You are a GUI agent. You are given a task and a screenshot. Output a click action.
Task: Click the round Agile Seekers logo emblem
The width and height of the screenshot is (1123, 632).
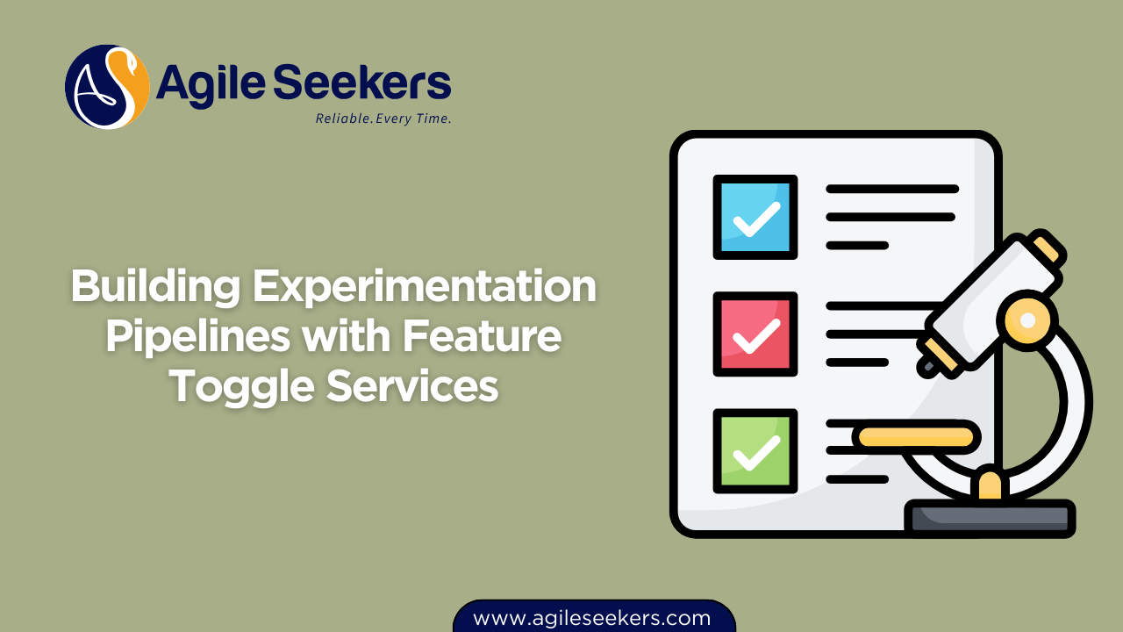coord(107,87)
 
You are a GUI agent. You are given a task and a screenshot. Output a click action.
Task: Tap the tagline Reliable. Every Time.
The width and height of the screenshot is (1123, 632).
coord(383,118)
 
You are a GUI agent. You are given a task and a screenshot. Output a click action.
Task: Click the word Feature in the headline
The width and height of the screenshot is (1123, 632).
coord(485,337)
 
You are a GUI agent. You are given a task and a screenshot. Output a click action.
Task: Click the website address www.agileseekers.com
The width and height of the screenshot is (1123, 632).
coord(592,618)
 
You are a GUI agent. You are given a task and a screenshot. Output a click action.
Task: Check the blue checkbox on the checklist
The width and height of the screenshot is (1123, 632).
coord(755,217)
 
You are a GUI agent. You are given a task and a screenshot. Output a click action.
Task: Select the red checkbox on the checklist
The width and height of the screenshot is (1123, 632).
coord(755,334)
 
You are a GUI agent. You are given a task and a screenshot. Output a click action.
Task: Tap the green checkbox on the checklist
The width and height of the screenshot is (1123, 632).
coord(755,450)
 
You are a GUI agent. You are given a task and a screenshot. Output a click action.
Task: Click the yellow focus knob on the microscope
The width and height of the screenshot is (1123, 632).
coord(1027,320)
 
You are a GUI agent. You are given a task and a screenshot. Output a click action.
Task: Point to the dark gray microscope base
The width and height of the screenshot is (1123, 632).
coord(990,518)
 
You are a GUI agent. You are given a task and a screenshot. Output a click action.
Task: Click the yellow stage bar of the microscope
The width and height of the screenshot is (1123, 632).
coord(916,436)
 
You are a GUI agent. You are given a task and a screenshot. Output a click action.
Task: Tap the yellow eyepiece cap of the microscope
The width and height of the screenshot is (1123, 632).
coord(1048,249)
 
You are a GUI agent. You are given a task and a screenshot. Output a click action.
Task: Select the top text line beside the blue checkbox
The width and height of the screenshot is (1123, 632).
coord(891,189)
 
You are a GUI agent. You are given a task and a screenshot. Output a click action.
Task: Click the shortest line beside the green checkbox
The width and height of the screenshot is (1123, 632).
coord(857,479)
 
